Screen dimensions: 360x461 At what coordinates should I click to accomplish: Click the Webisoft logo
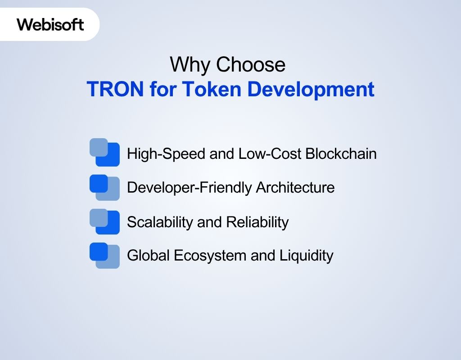50,24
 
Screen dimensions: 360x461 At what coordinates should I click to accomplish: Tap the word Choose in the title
251,65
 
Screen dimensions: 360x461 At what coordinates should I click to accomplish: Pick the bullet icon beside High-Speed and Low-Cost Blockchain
104,152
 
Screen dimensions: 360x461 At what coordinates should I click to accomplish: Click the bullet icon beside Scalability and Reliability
104,221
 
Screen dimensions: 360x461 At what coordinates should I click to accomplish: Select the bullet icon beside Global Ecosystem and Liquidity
104,256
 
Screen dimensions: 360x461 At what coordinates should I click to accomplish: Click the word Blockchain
341,154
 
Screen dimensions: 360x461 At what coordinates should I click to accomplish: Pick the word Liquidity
307,256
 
